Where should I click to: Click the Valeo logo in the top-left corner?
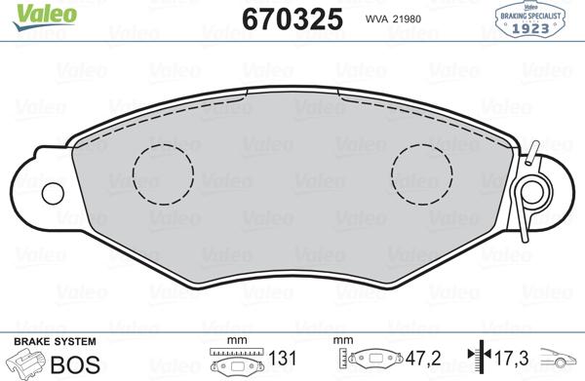point(30,13)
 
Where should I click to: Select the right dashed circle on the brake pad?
point(420,171)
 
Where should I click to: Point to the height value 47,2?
point(419,360)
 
